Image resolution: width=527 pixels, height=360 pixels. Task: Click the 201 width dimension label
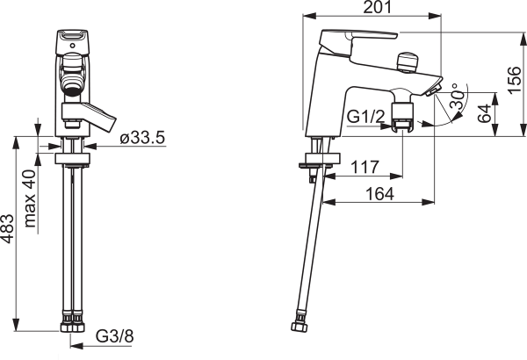point(378,7)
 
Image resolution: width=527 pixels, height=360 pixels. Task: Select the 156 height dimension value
point(514,81)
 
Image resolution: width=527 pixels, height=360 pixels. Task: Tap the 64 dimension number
point(484,113)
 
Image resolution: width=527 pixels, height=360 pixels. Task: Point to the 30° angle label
point(458,96)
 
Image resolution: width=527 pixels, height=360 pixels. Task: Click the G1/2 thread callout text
point(365,117)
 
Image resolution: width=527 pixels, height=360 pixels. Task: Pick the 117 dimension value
point(365,167)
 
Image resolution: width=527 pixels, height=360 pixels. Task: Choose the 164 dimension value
point(379,194)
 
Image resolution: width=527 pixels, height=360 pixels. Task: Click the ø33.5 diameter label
point(142,138)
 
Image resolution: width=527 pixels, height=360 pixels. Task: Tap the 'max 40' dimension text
point(30,198)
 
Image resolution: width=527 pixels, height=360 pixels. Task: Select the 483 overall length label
point(7,228)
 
